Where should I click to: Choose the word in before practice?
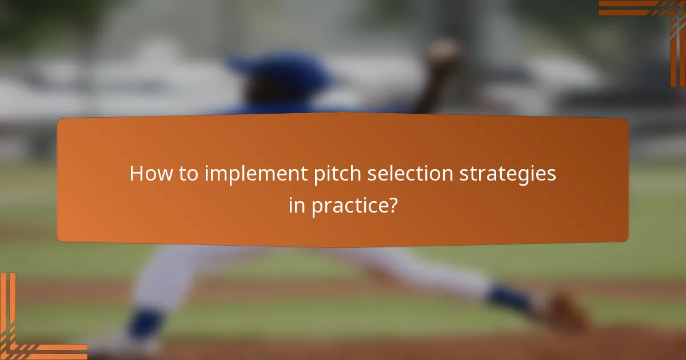297,206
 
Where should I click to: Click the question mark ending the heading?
392,206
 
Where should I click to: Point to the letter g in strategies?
527,177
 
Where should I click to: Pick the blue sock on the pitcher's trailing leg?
509,299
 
